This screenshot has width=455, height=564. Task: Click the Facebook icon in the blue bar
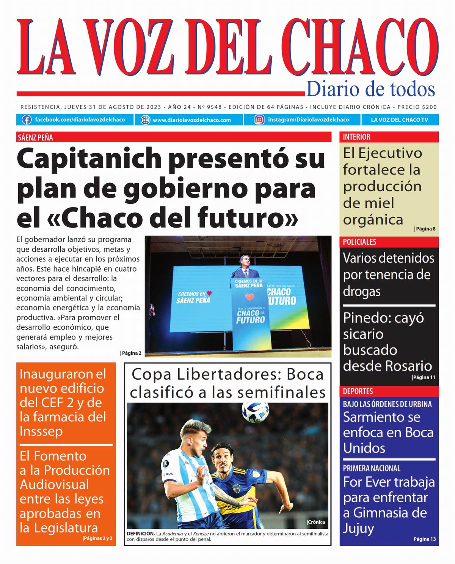tap(27, 120)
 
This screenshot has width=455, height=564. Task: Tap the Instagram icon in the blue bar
tap(259, 120)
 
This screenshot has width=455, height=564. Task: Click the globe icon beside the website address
tap(145, 120)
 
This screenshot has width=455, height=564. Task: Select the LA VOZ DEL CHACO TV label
tap(399, 120)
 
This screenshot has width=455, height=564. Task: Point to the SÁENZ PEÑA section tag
tap(35, 137)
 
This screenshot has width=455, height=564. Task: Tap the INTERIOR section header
tap(356, 137)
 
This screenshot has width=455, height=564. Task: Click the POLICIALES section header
tap(359, 242)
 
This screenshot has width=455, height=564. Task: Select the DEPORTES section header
tap(358, 391)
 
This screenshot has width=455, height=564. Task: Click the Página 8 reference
tap(425, 229)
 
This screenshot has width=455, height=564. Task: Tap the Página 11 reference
tap(424, 377)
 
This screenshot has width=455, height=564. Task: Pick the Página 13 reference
tap(425, 539)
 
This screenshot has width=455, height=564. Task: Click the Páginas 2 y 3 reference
tap(98, 538)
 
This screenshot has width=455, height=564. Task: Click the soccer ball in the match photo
tap(255, 412)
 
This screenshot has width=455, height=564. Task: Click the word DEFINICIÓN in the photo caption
tap(140, 534)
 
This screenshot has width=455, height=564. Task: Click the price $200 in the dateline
tap(429, 107)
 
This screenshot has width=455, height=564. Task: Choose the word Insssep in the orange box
tap(41, 432)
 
